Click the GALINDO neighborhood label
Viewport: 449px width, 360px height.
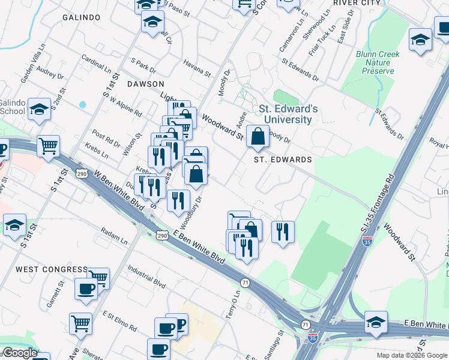click(x=81, y=17)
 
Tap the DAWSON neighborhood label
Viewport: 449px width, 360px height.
click(x=145, y=84)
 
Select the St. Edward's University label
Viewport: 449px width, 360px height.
click(x=288, y=114)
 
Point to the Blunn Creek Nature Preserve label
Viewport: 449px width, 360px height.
click(x=378, y=62)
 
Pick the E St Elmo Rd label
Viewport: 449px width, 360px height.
click(x=119, y=321)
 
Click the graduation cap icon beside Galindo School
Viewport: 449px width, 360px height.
click(x=40, y=109)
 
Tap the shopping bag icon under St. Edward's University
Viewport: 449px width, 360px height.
click(x=258, y=137)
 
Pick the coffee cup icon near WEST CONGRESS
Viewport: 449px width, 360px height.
click(x=86, y=289)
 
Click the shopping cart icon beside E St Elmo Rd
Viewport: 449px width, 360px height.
click(x=80, y=324)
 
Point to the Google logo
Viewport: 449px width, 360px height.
click(x=19, y=353)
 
